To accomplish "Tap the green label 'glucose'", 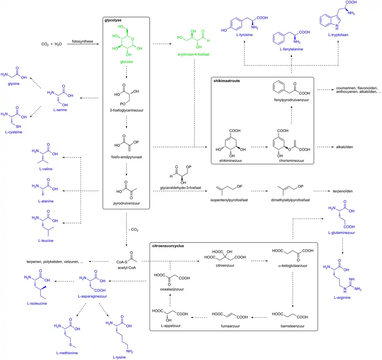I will pyautogui.click(x=126, y=62).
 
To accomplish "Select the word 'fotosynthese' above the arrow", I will pyautogui.click(x=82, y=41).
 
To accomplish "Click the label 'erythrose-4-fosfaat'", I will pyautogui.click(x=192, y=55).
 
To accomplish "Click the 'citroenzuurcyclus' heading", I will pyautogui.click(x=168, y=246).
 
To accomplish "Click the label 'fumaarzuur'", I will pyautogui.click(x=231, y=326).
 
